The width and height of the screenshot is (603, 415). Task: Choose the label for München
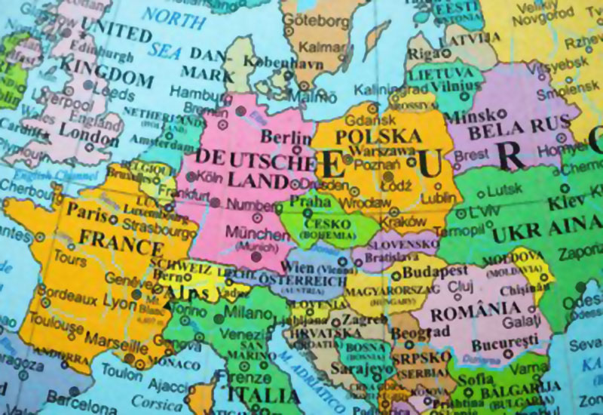[256, 235]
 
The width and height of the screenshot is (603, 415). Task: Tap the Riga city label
[422, 54]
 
